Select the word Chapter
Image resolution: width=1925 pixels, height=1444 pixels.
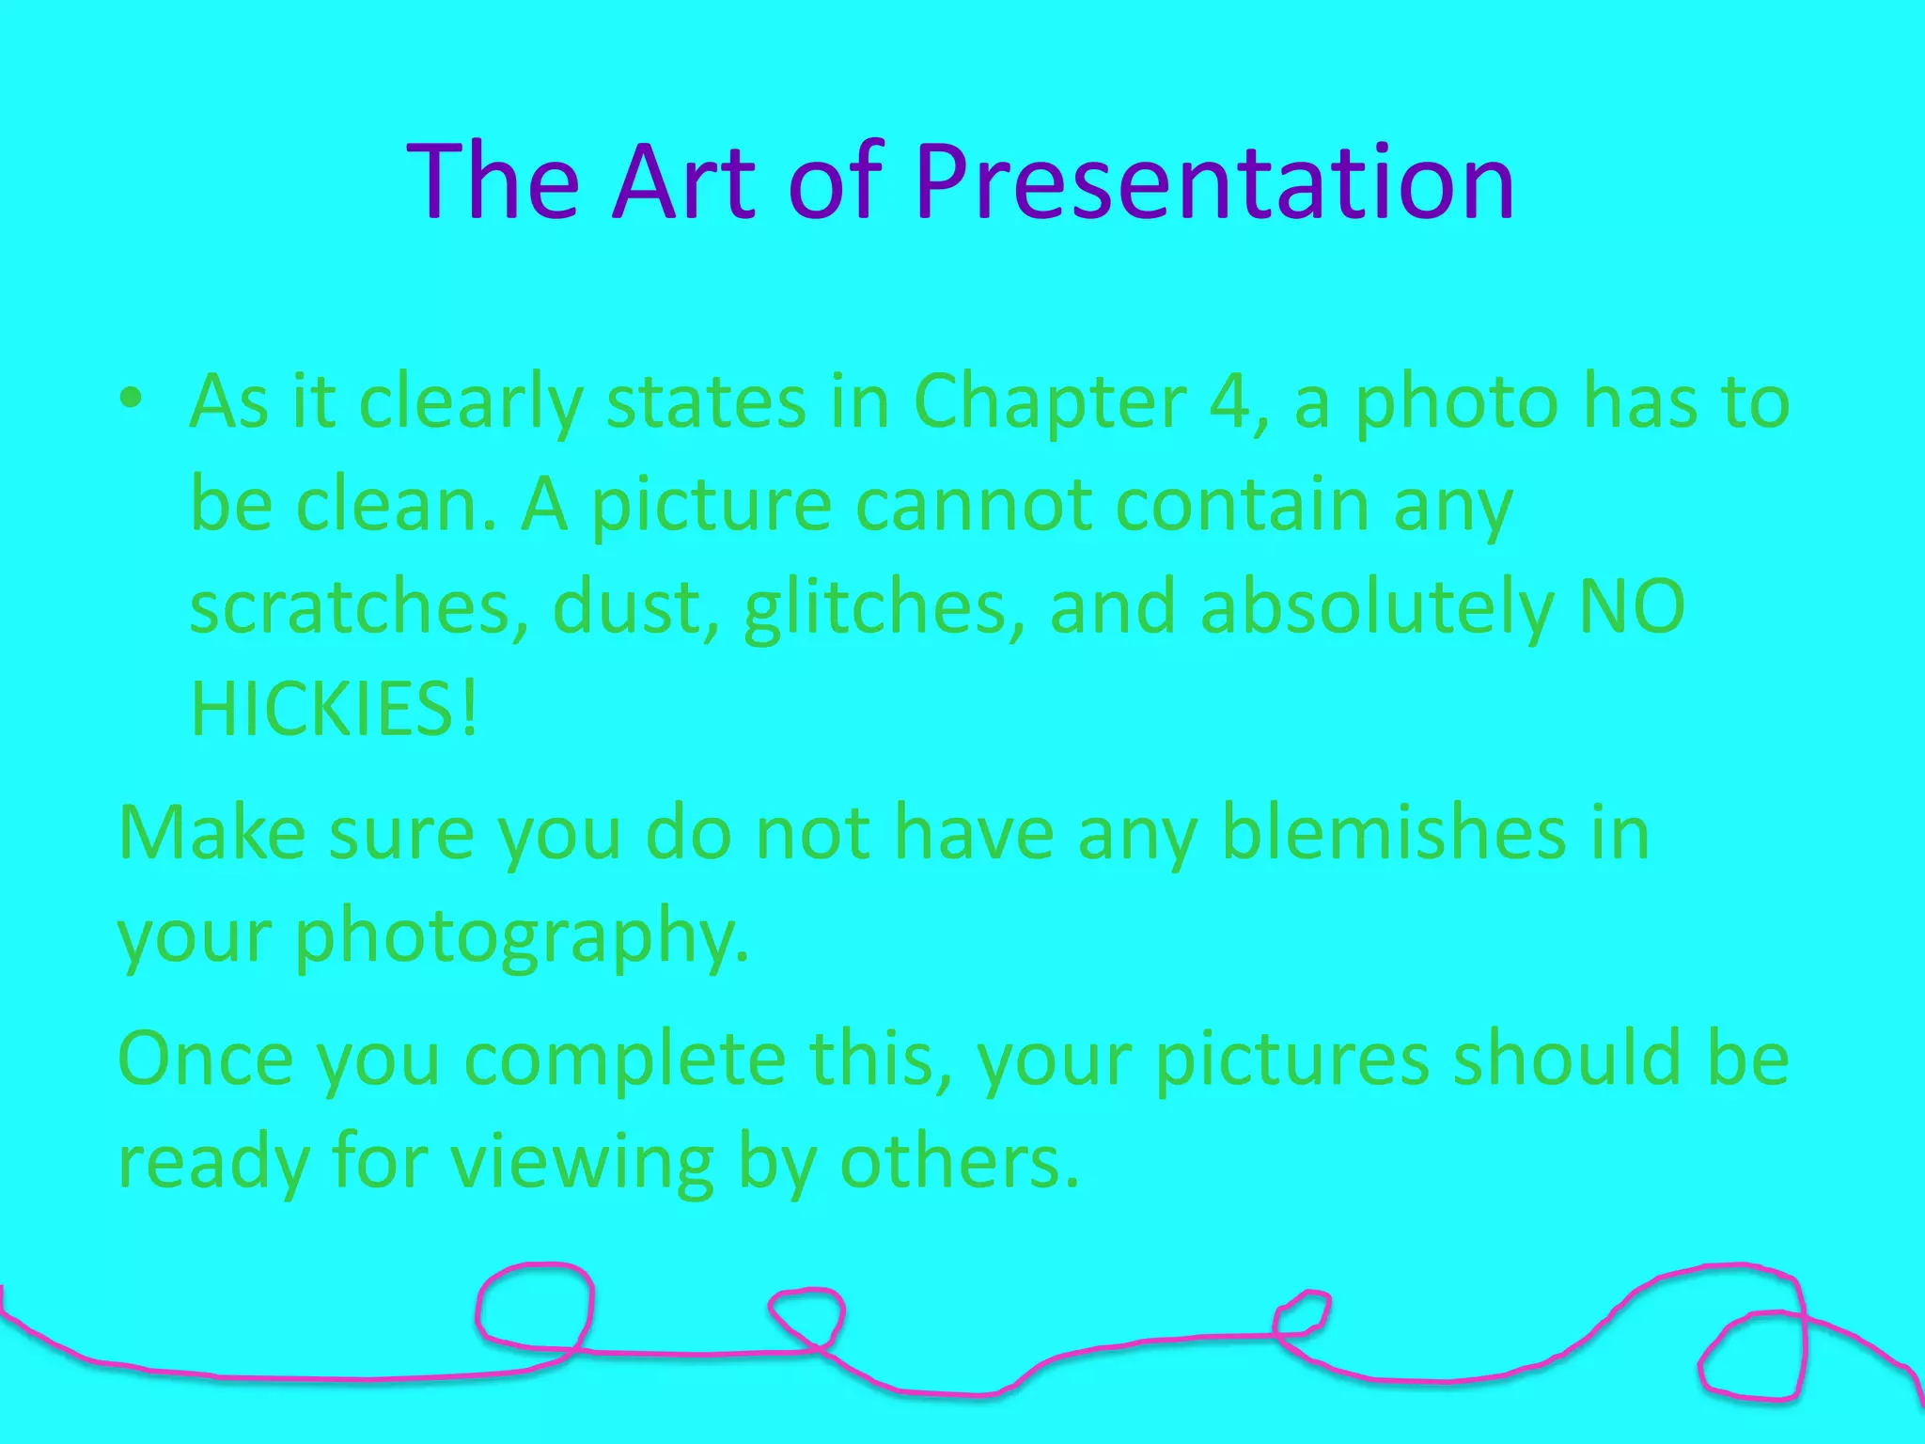[1049, 402]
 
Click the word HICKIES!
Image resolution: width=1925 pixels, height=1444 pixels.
[335, 709]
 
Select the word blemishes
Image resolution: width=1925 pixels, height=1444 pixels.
[1395, 833]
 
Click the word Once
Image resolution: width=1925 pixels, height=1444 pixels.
[206, 1059]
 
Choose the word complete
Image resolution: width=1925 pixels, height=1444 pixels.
[625, 1060]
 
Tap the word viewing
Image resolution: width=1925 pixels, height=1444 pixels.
[583, 1164]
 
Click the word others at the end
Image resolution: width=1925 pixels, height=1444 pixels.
[959, 1162]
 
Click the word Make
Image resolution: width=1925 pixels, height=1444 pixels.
[211, 833]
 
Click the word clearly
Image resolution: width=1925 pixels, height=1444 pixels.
[471, 402]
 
